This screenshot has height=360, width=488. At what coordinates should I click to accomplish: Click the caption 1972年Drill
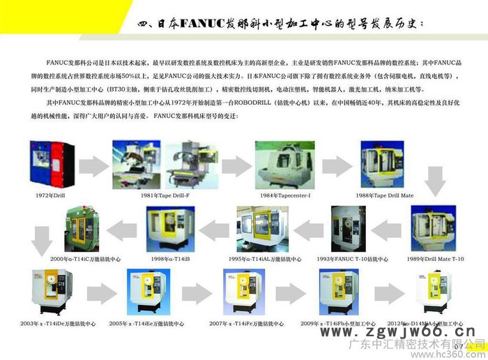click(52, 196)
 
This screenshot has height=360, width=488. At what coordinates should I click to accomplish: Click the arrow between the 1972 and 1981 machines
click(91, 165)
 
